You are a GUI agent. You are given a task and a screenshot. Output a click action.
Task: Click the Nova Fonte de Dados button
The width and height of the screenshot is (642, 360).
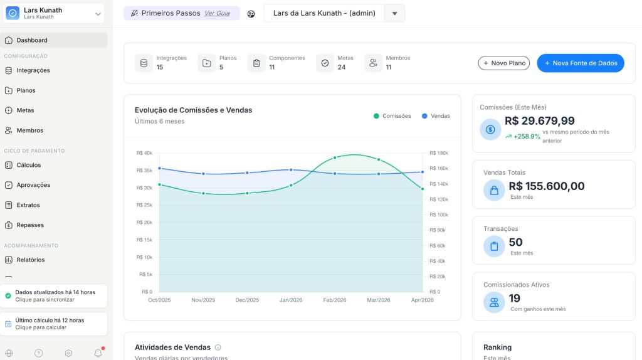(x=581, y=63)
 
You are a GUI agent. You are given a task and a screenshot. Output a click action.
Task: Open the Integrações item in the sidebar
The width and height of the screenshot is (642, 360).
(x=33, y=70)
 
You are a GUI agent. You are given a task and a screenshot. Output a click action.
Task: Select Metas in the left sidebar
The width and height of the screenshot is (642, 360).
(x=25, y=110)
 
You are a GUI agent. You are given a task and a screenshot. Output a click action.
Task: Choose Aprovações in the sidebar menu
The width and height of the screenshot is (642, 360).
(x=33, y=185)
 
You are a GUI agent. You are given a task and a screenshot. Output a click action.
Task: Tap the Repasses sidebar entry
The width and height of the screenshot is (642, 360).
(x=30, y=225)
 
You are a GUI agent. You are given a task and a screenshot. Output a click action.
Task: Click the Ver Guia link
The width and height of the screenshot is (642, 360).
(x=217, y=13)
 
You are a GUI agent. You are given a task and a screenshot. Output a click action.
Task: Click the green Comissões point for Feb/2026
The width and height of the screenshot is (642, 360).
(x=335, y=157)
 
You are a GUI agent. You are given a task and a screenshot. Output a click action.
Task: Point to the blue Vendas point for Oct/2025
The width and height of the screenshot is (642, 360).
(x=160, y=168)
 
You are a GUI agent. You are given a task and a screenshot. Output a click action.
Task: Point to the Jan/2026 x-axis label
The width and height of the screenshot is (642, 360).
(x=291, y=300)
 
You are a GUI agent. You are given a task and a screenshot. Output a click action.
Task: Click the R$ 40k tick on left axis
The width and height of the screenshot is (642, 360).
(x=144, y=153)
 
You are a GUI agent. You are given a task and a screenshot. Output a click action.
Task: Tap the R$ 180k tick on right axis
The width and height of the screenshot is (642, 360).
(x=439, y=153)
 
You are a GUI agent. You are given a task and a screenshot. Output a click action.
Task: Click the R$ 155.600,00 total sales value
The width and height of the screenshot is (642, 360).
(x=546, y=186)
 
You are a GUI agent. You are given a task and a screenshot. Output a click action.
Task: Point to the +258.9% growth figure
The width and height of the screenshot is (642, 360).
(x=526, y=136)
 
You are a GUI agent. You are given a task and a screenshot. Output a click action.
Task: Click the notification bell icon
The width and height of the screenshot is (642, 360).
(x=98, y=353)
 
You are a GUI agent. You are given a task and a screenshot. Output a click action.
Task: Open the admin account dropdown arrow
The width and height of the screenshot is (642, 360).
(x=394, y=13)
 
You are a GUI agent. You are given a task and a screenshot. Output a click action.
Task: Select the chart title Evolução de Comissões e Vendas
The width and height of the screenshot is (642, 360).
(x=193, y=110)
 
